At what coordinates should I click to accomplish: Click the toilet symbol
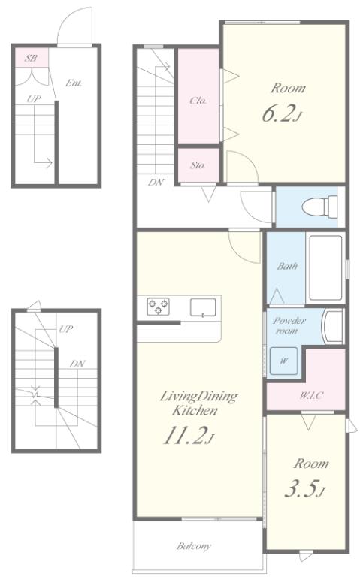coord(319,207)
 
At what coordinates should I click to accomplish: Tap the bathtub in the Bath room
coord(325,267)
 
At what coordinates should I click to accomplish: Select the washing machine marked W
coord(283,361)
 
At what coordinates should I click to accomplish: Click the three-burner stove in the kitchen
coord(159,307)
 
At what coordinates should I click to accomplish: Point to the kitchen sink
coord(203,307)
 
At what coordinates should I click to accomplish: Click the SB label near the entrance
coord(31,58)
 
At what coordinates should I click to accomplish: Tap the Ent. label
coord(74,83)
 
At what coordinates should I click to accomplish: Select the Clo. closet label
coord(198,100)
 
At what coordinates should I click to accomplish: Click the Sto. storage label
coord(198,165)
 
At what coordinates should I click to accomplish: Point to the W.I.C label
coord(311,396)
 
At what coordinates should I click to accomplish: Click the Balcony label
coord(194,546)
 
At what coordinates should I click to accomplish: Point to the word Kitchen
coord(195,411)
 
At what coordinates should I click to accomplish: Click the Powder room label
coord(289,325)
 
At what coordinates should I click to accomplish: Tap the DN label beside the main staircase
coord(156,182)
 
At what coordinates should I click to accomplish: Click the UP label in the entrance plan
coord(34,98)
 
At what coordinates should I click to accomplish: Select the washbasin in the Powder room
coord(333,326)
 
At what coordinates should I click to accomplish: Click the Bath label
coord(287,266)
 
